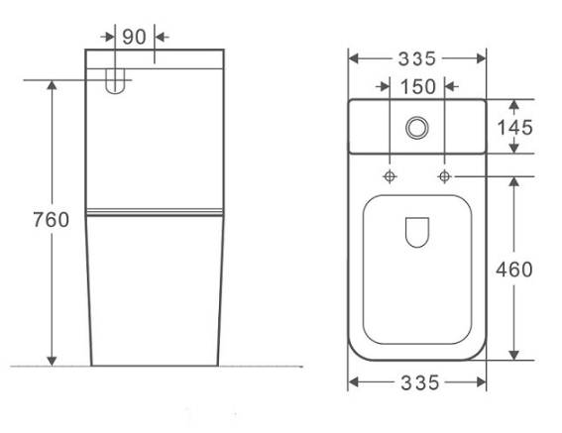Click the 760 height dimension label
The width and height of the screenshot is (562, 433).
pos(51,219)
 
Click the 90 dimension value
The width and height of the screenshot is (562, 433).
pos(135,37)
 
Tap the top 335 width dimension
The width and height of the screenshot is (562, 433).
pos(417,58)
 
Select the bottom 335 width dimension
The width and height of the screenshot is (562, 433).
pos(419,382)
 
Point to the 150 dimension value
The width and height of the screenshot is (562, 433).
pos(418,86)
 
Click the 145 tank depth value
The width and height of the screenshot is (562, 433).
pos(515,127)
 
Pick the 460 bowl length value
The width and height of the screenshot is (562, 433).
pos(514,270)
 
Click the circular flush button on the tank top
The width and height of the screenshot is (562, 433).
pos(417,127)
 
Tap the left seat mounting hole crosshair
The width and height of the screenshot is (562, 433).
pos(390,176)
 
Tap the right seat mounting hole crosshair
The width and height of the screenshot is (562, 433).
pos(444,176)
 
